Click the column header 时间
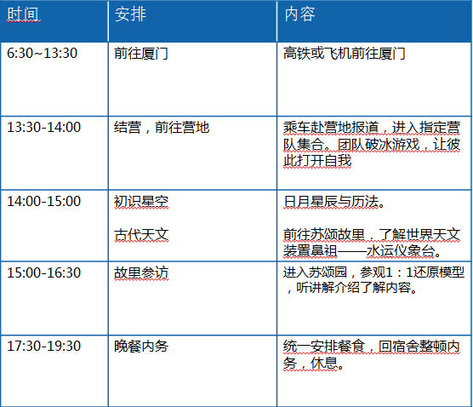tap(24, 14)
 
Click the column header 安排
tap(130, 14)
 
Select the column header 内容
tap(299, 14)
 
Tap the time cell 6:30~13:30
tap(42, 53)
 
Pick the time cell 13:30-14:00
tap(43, 127)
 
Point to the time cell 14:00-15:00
tap(43, 201)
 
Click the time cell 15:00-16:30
tap(43, 272)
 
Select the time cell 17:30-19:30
tap(43, 346)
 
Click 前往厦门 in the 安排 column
tap(141, 54)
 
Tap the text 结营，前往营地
tap(162, 127)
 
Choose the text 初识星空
tap(141, 202)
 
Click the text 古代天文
tap(141, 235)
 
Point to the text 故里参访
tap(141, 272)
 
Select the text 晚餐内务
tap(141, 346)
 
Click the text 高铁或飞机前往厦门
tap(344, 54)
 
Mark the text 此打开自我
tap(317, 160)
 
